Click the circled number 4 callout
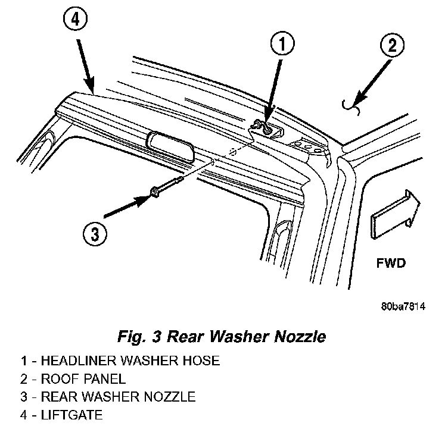click(75, 20)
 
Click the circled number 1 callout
click(282, 44)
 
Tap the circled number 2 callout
click(392, 45)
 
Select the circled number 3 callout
click(95, 234)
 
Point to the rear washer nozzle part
click(166, 187)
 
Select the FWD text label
click(391, 263)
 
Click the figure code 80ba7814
click(403, 306)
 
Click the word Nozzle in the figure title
click(300, 336)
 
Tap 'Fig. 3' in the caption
click(139, 337)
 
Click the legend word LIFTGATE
click(71, 415)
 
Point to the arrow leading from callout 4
click(85, 66)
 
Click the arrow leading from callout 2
click(372, 83)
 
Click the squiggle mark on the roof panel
click(351, 106)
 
